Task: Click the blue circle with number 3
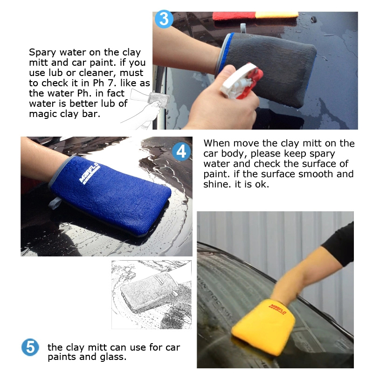point(164,19)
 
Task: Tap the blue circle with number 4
point(181,152)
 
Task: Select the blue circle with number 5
point(30,347)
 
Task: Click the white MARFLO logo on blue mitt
point(89,173)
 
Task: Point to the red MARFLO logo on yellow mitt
point(277,309)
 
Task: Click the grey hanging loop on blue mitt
point(55,203)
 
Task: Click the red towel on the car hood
point(234,16)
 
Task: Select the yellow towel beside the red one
point(276,15)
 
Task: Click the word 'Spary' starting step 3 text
point(42,53)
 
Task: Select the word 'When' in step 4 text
point(217,143)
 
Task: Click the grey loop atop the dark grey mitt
point(243,28)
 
